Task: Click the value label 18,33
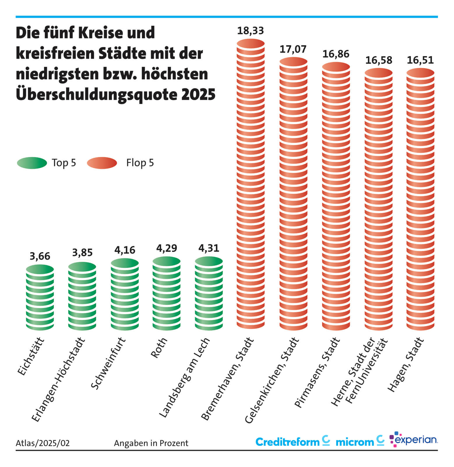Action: click(x=250, y=31)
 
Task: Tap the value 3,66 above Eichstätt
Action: click(x=40, y=256)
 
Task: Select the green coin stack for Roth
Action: click(x=167, y=293)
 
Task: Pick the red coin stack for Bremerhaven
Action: click(x=251, y=184)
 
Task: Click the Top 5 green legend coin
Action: click(x=32, y=163)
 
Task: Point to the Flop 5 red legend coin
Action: click(x=102, y=163)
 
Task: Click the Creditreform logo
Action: click(x=292, y=442)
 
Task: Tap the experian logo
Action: click(x=413, y=440)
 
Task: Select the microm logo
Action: click(x=360, y=442)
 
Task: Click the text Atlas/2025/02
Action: click(x=43, y=443)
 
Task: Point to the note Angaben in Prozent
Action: click(x=151, y=443)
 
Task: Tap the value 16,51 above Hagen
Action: click(x=420, y=60)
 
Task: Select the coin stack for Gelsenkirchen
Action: click(x=293, y=194)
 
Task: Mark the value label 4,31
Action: click(x=209, y=248)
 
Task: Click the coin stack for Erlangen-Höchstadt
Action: click(x=82, y=296)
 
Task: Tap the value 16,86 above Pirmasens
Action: click(x=336, y=54)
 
